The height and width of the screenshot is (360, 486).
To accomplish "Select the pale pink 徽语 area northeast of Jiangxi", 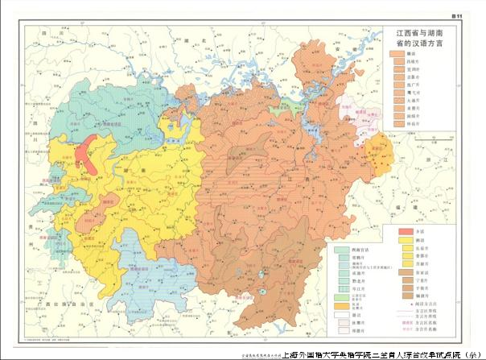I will coord(354,109).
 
